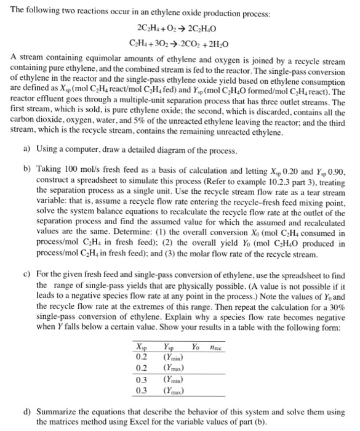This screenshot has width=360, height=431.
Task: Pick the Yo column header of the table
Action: pyautogui.click(x=196, y=345)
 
